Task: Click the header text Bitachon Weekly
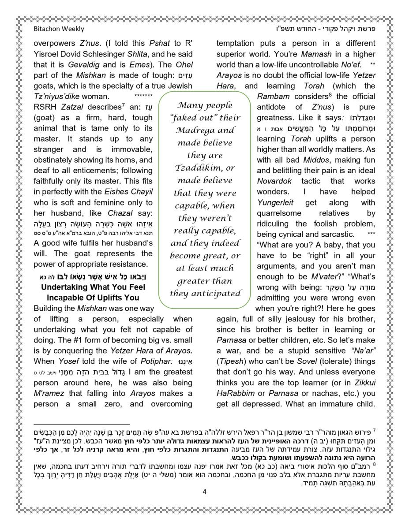59,29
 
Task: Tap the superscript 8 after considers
330,94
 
